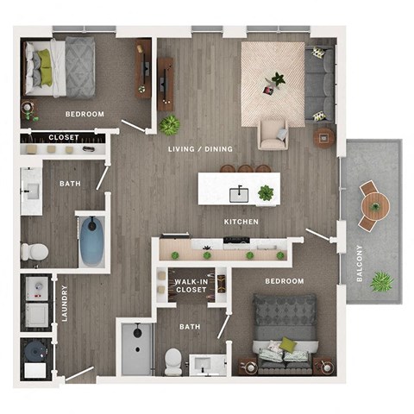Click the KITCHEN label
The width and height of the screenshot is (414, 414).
click(x=241, y=222)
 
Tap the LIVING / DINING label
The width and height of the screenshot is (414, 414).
click(x=200, y=149)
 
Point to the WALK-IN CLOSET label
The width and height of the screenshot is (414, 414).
click(x=190, y=286)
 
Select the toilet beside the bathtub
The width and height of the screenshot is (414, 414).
click(x=35, y=251)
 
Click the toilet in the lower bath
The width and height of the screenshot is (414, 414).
click(x=173, y=361)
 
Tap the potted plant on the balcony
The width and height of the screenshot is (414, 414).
click(x=382, y=281)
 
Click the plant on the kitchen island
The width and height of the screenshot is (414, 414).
click(x=266, y=192)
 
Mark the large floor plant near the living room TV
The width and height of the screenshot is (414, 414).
click(x=169, y=125)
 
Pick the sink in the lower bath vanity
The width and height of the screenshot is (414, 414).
click(x=206, y=361)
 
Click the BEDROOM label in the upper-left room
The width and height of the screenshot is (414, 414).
click(x=84, y=114)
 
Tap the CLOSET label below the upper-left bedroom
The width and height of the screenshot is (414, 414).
click(x=63, y=137)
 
